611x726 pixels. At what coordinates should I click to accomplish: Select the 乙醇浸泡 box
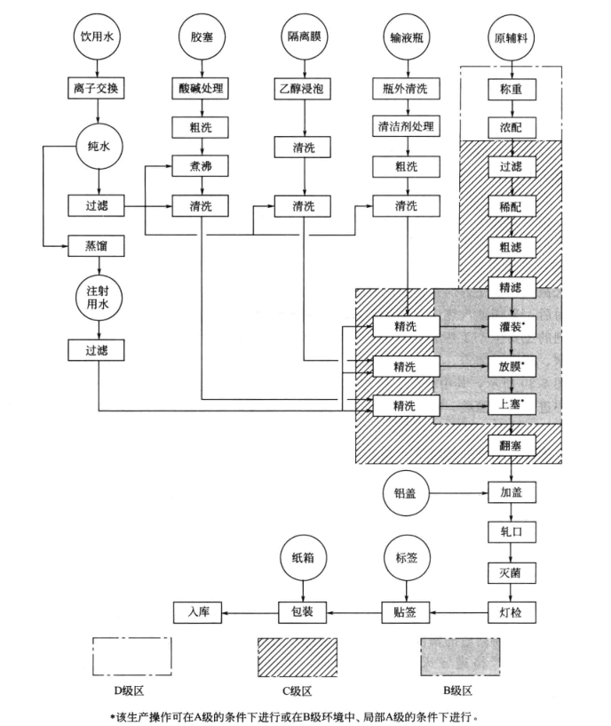point(304,88)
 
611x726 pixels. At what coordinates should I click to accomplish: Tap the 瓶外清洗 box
point(406,88)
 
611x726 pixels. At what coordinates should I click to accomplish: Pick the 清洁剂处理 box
point(406,126)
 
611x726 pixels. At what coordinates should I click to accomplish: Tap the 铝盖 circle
point(407,491)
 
